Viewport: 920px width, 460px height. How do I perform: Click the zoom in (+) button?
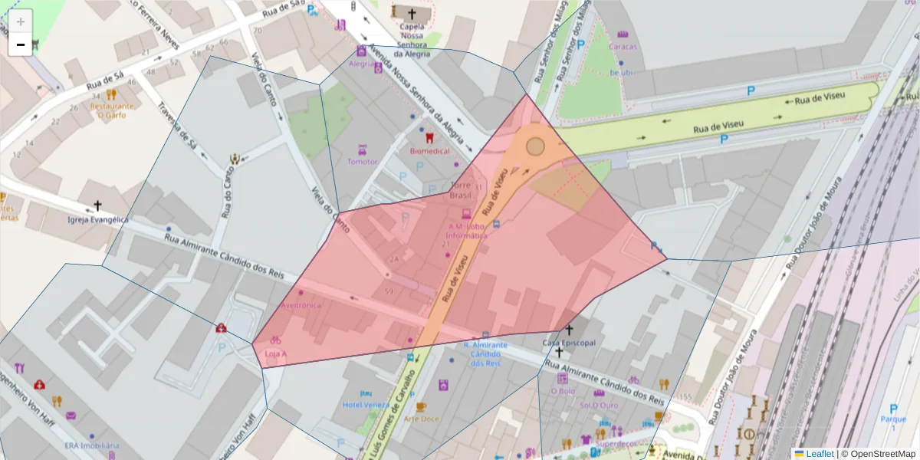(x=21, y=22)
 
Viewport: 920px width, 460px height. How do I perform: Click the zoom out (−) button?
(x=21, y=44)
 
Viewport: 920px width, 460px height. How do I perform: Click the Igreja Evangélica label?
(x=97, y=219)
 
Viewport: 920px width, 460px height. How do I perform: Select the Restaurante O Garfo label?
(x=112, y=110)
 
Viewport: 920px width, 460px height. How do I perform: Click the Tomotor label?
(x=363, y=162)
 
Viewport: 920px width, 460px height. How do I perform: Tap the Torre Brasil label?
(x=461, y=190)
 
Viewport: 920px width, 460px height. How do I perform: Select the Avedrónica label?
(x=302, y=305)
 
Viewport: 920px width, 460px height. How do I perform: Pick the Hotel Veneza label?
(x=366, y=405)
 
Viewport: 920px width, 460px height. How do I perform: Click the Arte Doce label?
(x=421, y=419)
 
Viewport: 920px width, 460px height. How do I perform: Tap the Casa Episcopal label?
(x=569, y=343)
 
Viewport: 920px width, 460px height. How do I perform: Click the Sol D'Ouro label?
(x=600, y=405)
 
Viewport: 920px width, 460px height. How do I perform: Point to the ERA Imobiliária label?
(x=91, y=445)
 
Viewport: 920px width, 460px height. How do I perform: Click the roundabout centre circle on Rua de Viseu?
(x=535, y=146)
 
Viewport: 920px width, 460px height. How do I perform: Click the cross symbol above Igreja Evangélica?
(x=97, y=205)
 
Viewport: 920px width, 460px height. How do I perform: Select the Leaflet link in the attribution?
(x=819, y=454)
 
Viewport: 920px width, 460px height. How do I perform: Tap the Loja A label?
(x=275, y=353)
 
